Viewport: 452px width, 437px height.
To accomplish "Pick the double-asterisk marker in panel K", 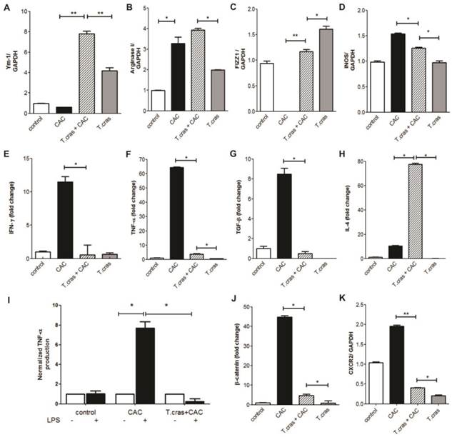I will tap(403, 313).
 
